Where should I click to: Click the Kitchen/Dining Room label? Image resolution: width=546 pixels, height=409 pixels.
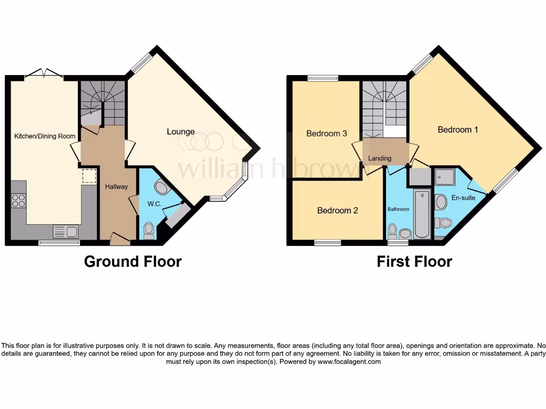45,136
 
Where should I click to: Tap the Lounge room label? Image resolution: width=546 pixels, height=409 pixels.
181,132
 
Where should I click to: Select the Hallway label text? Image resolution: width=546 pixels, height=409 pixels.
116,187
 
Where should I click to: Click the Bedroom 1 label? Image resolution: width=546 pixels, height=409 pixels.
454,129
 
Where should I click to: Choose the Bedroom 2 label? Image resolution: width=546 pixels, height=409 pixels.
338,210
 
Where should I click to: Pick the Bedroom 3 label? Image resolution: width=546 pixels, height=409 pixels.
326,133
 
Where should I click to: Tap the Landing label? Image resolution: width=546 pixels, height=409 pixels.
380,158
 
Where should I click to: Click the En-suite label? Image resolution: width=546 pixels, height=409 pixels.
463,198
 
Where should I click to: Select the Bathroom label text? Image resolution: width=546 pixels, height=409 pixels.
398,209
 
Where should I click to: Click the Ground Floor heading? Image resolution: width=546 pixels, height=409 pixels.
133,261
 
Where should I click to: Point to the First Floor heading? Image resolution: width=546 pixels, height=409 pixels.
414,261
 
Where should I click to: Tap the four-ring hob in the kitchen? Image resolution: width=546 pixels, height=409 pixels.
19,200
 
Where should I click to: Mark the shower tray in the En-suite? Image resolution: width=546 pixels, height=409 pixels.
445,176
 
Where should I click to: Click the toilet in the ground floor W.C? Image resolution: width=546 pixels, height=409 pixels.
149,230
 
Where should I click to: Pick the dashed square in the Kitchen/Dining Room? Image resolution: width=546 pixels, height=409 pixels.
89,176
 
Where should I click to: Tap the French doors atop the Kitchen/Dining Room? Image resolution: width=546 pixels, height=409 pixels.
44,74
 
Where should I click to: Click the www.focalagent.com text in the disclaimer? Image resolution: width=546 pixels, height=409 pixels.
350,362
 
